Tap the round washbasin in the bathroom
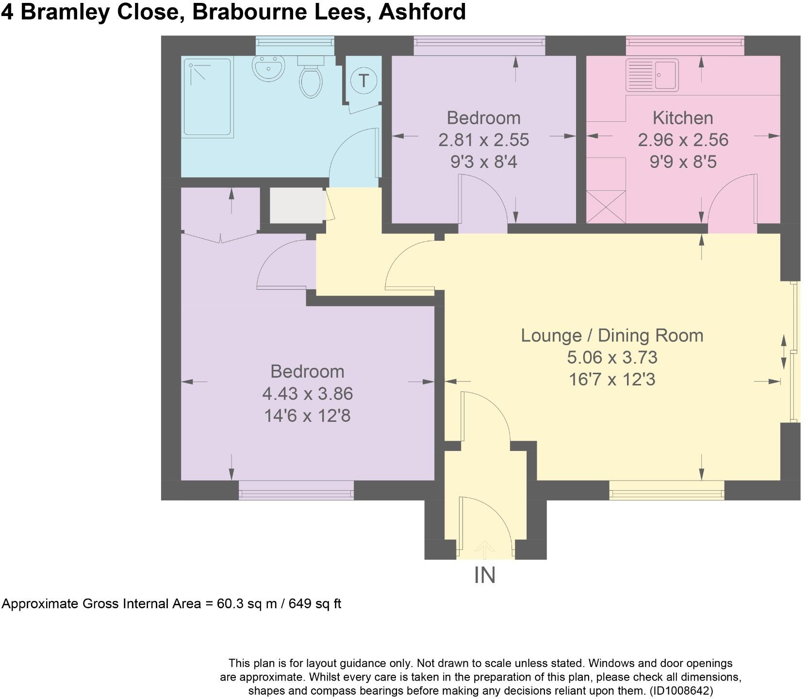267,67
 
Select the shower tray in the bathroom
207,97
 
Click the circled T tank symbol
363,80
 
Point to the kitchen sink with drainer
652,75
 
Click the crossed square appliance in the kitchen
606,207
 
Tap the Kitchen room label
682,118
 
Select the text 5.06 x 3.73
612,358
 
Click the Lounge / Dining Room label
612,335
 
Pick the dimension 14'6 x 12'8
307,416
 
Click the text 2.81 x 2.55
483,140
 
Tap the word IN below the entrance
484,576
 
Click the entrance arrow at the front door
484,549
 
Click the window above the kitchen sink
685,45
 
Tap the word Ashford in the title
422,12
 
